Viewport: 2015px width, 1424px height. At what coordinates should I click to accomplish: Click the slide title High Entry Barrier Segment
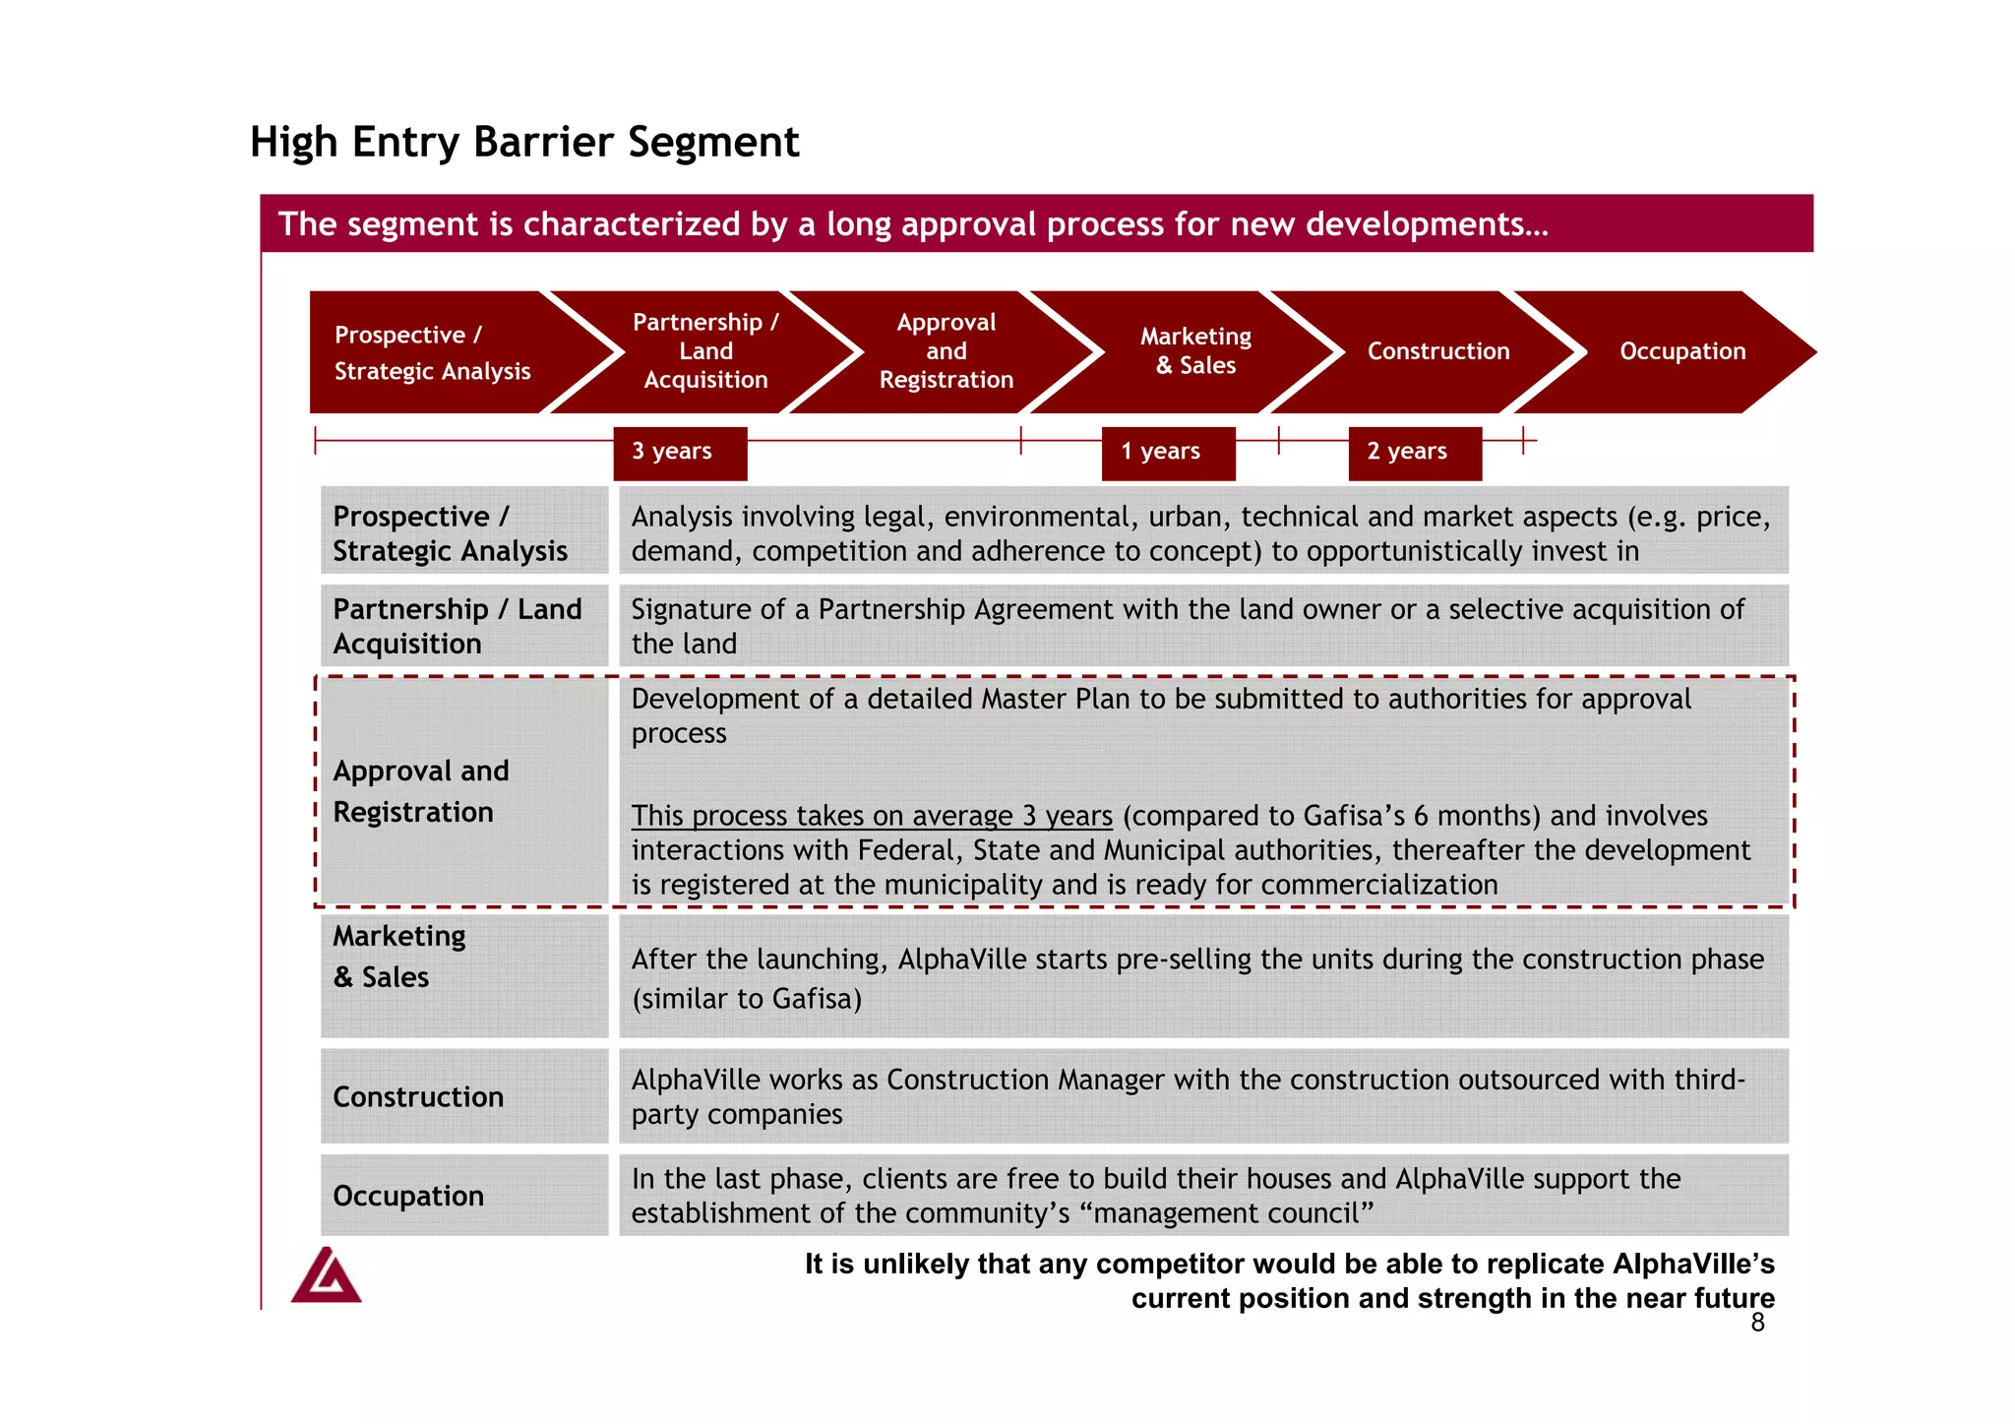pyautogui.click(x=524, y=142)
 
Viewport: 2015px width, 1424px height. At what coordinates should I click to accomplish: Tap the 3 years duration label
pyautogui.click(x=679, y=453)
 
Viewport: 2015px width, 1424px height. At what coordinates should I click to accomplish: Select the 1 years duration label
pyautogui.click(x=1167, y=453)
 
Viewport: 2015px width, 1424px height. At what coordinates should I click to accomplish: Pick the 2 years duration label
pyautogui.click(x=1414, y=453)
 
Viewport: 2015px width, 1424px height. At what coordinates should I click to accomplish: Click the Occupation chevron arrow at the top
pyautogui.click(x=1681, y=351)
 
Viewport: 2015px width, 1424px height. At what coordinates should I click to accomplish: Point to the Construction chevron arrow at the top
pyautogui.click(x=1437, y=351)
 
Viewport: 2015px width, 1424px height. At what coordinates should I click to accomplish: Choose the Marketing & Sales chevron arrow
pyautogui.click(x=1194, y=351)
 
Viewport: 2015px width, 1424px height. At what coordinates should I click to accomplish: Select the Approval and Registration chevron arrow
pyautogui.click(x=946, y=351)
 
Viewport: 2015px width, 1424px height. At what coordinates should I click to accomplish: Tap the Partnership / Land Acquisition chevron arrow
pyautogui.click(x=704, y=351)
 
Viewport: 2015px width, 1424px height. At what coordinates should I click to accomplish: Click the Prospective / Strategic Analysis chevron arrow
pyautogui.click(x=433, y=352)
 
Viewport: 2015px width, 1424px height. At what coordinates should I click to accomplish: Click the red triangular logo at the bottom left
pyautogui.click(x=327, y=1276)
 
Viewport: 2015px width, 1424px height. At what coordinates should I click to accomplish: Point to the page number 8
pyautogui.click(x=1757, y=1323)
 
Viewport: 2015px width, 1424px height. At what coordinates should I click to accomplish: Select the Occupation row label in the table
pyautogui.click(x=408, y=1196)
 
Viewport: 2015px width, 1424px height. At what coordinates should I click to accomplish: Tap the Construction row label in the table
pyautogui.click(x=418, y=1096)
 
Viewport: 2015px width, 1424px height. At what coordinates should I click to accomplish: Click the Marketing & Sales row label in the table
pyautogui.click(x=398, y=957)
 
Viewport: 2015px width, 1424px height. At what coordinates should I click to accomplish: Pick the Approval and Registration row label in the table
pyautogui.click(x=421, y=791)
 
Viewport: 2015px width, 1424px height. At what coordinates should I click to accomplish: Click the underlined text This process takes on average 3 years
pyautogui.click(x=871, y=817)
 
